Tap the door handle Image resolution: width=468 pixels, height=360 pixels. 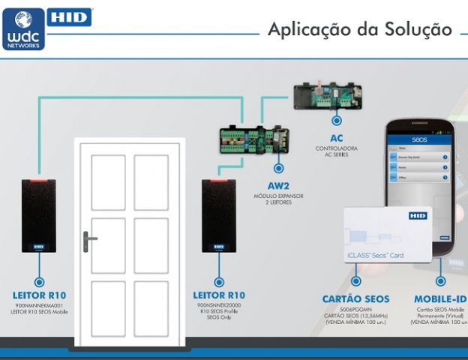click(89, 241)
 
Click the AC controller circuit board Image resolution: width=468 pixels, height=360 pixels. click(329, 94)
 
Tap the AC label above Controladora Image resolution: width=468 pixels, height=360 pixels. click(336, 138)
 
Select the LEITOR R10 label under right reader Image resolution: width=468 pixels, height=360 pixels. click(218, 295)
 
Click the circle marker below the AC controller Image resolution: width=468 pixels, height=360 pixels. click(337, 119)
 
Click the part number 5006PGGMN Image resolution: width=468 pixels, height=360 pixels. click(355, 309)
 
